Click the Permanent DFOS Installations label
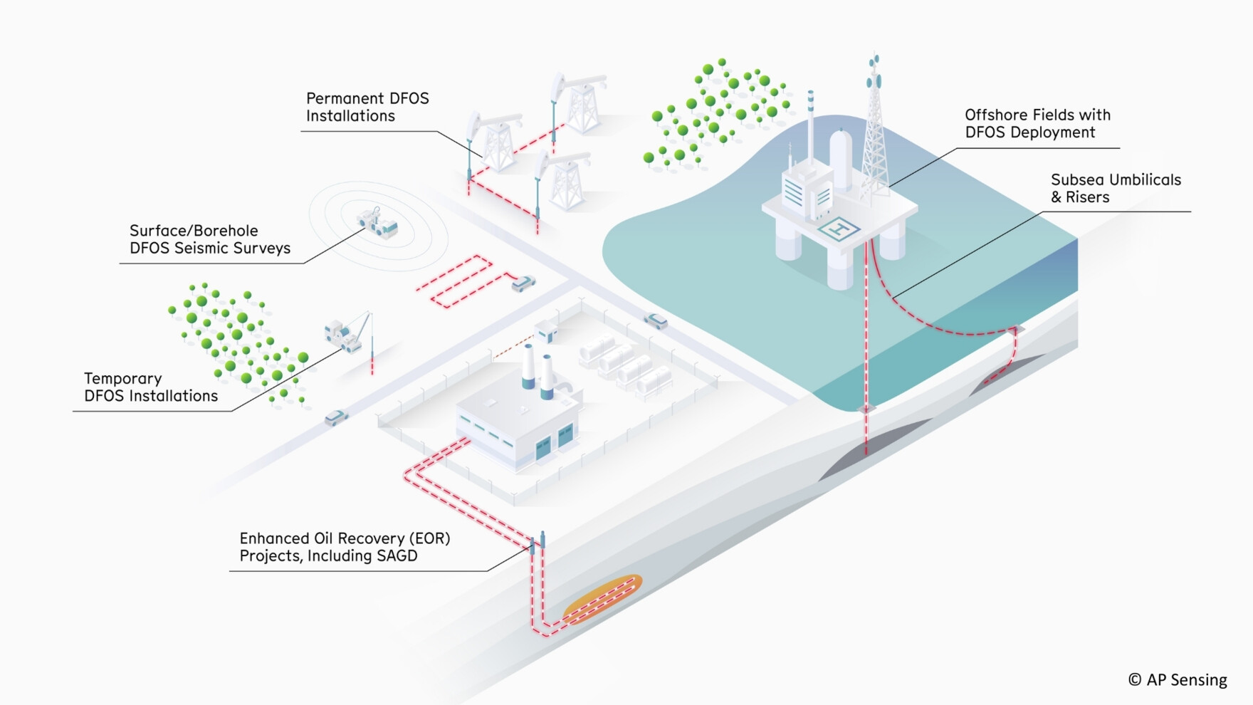click(367, 108)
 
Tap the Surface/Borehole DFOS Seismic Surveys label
click(209, 239)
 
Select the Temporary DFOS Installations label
click(151, 387)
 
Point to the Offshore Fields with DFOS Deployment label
click(1037, 124)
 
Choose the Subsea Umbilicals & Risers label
click(1115, 189)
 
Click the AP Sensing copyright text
click(1178, 680)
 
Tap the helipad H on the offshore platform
click(839, 229)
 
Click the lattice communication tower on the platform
click(874, 135)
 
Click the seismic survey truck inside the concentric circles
click(378, 223)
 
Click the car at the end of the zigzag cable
click(523, 283)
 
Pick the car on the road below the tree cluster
click(335, 417)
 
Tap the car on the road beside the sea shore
click(656, 321)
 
